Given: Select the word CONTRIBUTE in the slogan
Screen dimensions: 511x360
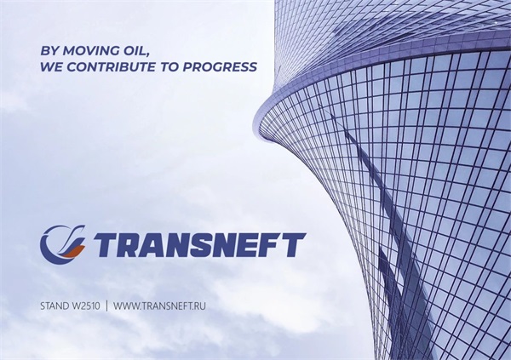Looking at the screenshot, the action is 111,66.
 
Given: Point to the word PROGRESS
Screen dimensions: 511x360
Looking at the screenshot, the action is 220,66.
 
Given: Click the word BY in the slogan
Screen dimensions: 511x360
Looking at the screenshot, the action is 49,51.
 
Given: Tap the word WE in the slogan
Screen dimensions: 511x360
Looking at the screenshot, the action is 51,66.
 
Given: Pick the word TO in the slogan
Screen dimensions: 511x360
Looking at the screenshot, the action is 169,66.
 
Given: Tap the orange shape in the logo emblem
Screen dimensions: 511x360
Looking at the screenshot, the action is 73,251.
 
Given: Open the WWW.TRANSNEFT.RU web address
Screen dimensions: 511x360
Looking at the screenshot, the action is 159,306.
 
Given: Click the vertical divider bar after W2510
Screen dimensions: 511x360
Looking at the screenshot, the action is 107,306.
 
